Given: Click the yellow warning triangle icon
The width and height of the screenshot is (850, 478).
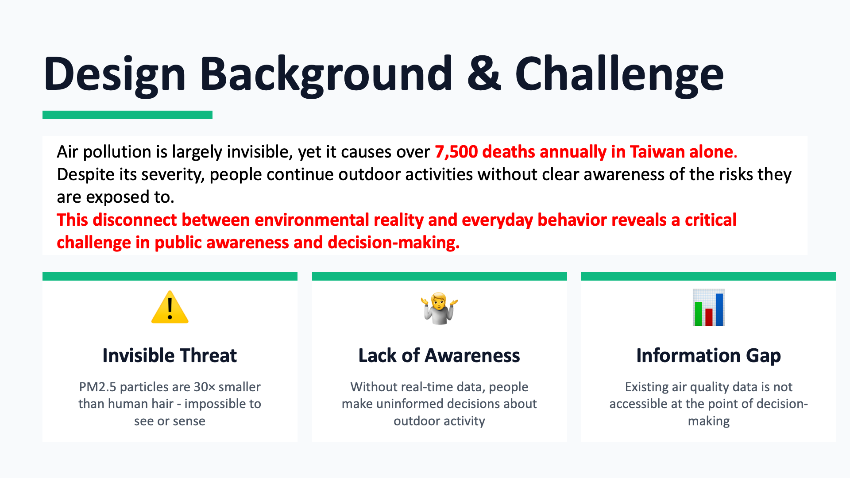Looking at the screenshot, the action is coord(170,307).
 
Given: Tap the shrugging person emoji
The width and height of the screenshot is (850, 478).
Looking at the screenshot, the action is coord(439,308).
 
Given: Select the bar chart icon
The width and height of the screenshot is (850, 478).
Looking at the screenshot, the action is coord(708,308).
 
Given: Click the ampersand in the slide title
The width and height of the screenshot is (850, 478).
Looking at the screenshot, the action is coord(484,73).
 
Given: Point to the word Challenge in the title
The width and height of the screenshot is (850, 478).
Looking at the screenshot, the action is coord(619,75).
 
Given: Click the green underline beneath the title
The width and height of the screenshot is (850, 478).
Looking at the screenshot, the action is coord(127,115).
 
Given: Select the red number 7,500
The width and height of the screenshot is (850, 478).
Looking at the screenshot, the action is coord(456,152).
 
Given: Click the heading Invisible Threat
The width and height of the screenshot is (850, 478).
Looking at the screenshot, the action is coord(170,355).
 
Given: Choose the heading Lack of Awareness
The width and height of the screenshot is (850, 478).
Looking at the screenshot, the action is coord(439,355).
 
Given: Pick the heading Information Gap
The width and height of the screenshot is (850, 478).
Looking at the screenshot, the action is coord(708,356).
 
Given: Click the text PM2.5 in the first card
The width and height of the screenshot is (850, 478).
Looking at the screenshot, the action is coord(97,387).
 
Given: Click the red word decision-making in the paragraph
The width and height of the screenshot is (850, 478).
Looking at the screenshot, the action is coord(394,243).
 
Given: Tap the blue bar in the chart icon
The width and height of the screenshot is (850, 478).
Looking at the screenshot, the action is coord(719,309).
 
